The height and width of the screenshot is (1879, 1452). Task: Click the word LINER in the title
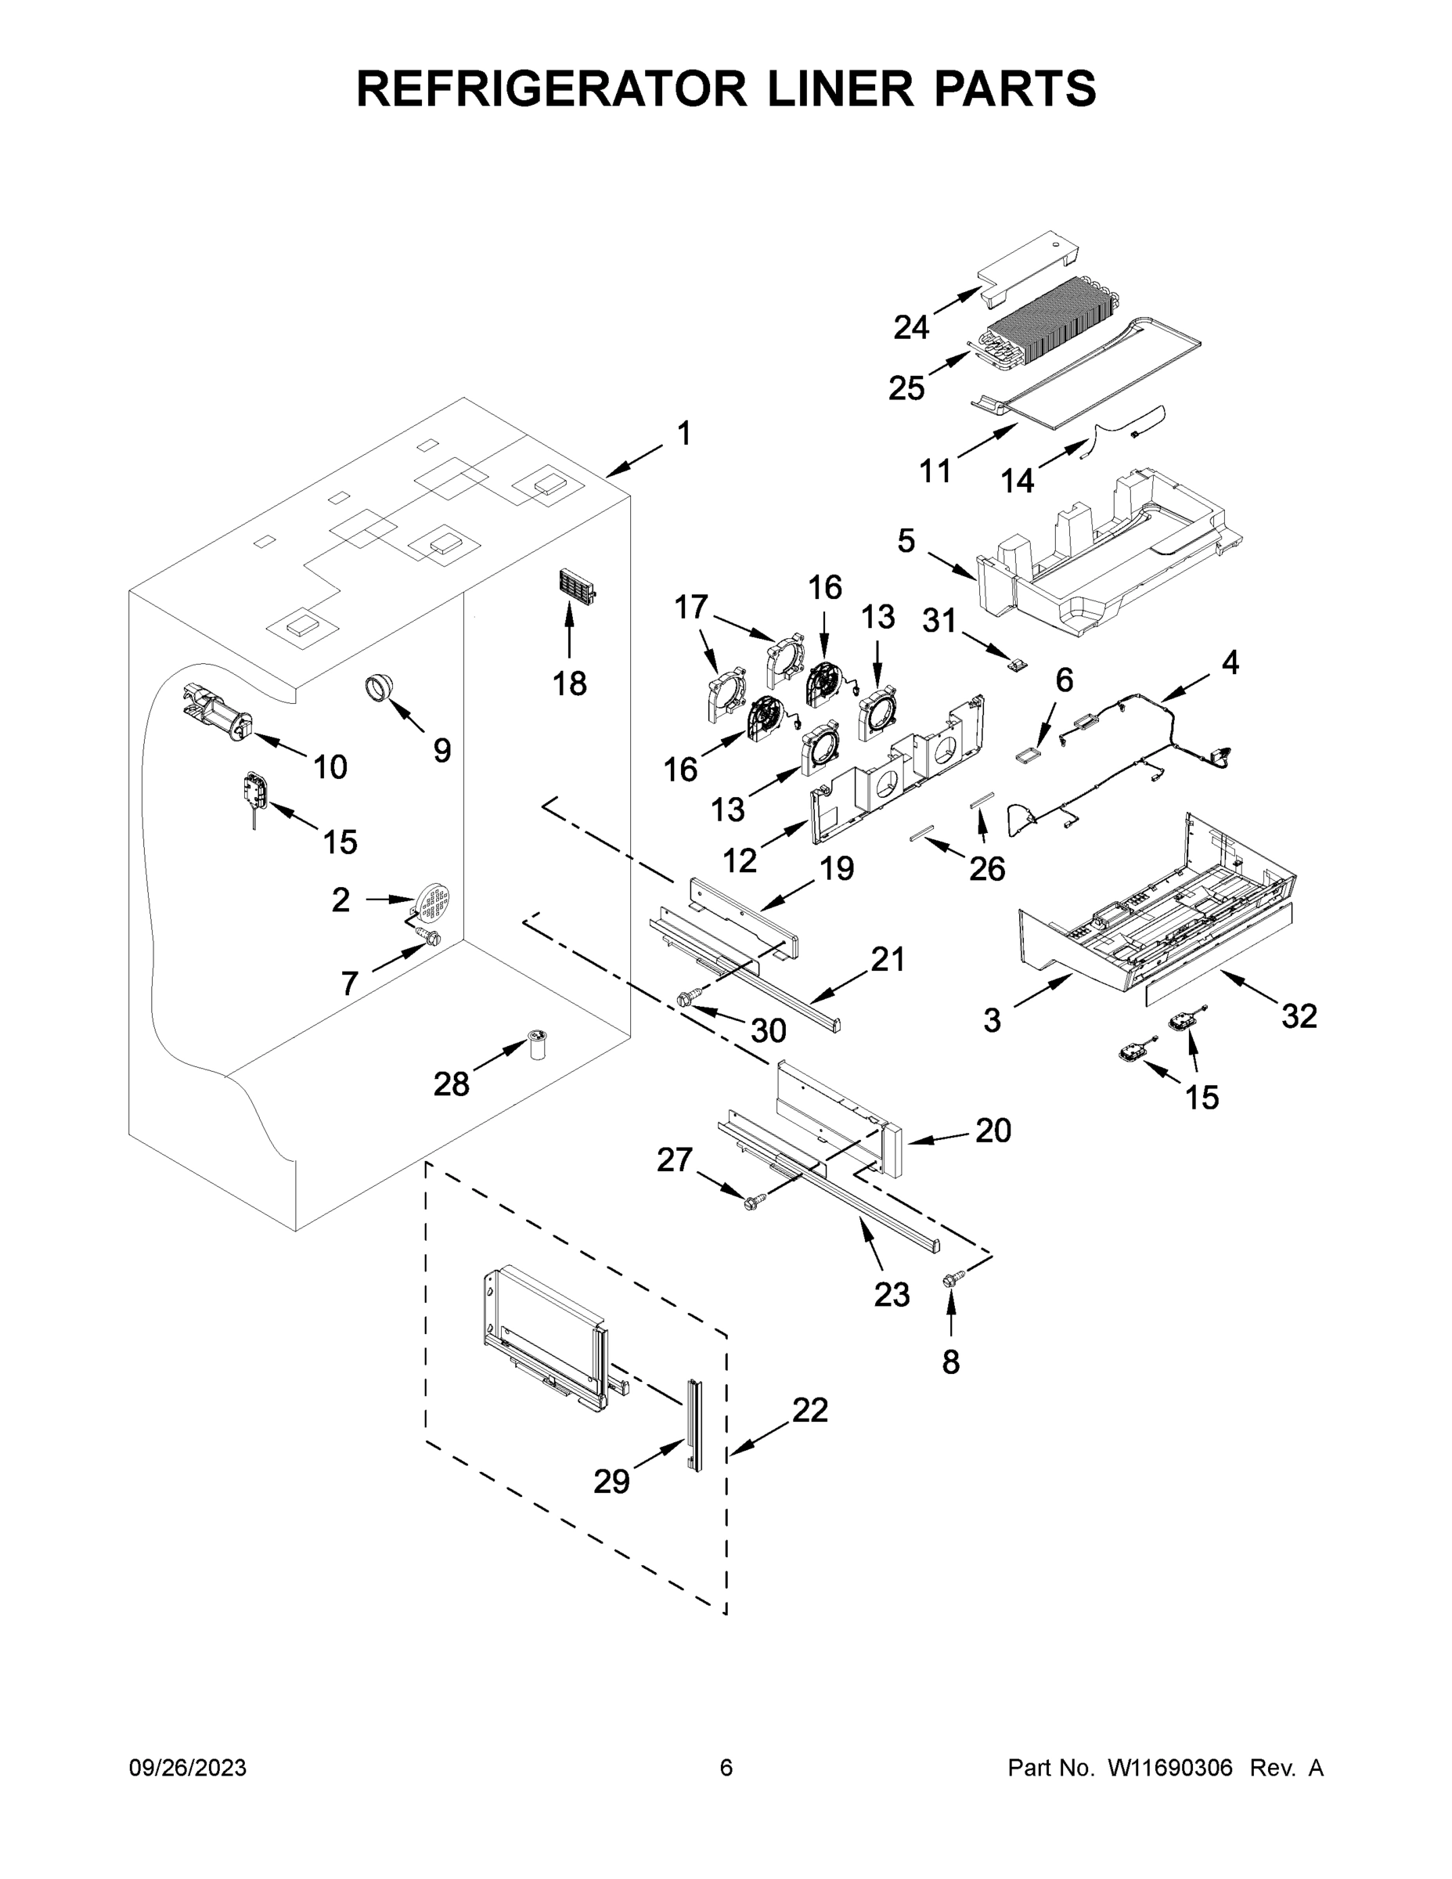click(825, 88)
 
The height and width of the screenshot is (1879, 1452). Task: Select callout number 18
click(569, 683)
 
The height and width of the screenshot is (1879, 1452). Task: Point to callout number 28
click(451, 1084)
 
